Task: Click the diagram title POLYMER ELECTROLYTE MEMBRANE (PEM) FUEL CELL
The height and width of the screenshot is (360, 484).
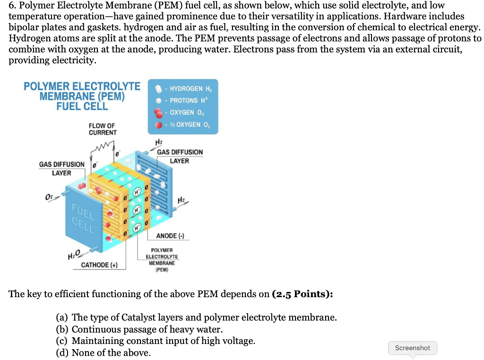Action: [82, 96]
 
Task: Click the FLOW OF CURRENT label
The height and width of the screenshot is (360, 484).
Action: [102, 129]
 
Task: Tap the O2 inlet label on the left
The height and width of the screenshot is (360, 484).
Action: [49, 196]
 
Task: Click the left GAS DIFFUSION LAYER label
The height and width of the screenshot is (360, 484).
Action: [61, 169]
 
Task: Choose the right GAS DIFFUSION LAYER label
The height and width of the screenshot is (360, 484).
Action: [180, 156]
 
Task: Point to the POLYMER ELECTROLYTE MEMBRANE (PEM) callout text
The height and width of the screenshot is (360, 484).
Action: [162, 260]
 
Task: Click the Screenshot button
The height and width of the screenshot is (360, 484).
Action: [412, 348]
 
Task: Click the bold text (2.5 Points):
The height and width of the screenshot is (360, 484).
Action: [302, 294]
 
